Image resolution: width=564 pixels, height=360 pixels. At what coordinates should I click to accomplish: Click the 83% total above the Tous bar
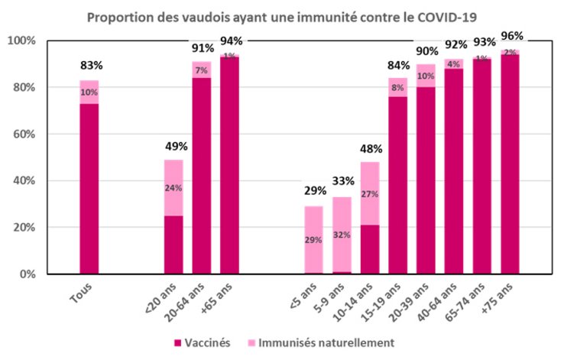click(x=89, y=65)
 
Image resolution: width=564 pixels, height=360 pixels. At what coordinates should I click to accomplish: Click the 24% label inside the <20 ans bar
click(x=173, y=188)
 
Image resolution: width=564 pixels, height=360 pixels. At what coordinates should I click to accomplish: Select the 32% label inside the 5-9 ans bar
click(x=342, y=235)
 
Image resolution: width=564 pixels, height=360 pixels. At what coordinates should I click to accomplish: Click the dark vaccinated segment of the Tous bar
click(x=89, y=183)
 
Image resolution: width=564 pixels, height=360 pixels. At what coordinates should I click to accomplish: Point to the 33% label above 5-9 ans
click(x=342, y=183)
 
